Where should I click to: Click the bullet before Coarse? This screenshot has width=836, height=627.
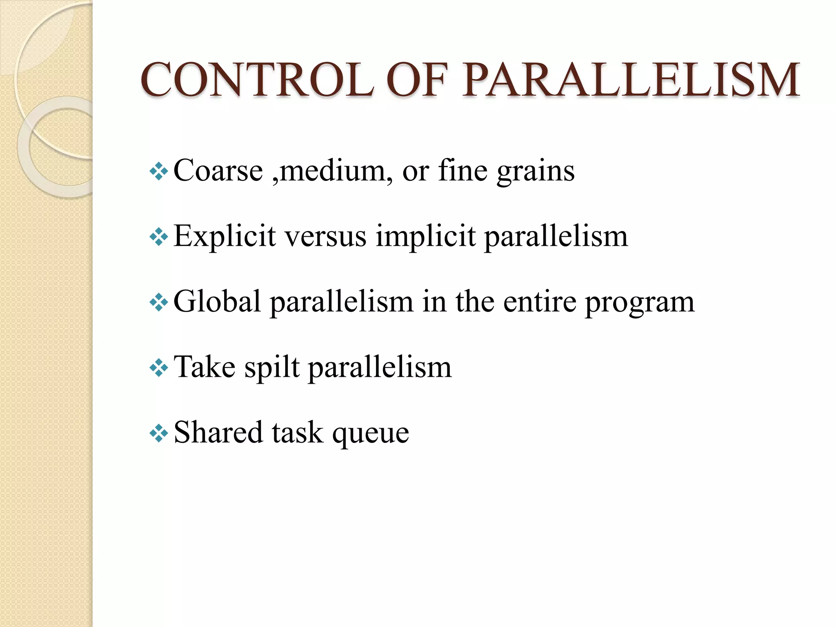(x=159, y=171)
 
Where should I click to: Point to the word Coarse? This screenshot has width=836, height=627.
(x=218, y=171)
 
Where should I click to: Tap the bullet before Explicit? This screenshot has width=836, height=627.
(x=159, y=237)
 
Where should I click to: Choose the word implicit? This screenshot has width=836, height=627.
(x=425, y=237)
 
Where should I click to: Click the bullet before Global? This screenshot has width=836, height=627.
(x=159, y=302)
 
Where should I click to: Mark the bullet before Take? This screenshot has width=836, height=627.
(x=159, y=368)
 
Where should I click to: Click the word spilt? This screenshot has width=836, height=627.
(x=272, y=367)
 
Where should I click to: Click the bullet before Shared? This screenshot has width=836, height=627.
(x=159, y=434)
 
